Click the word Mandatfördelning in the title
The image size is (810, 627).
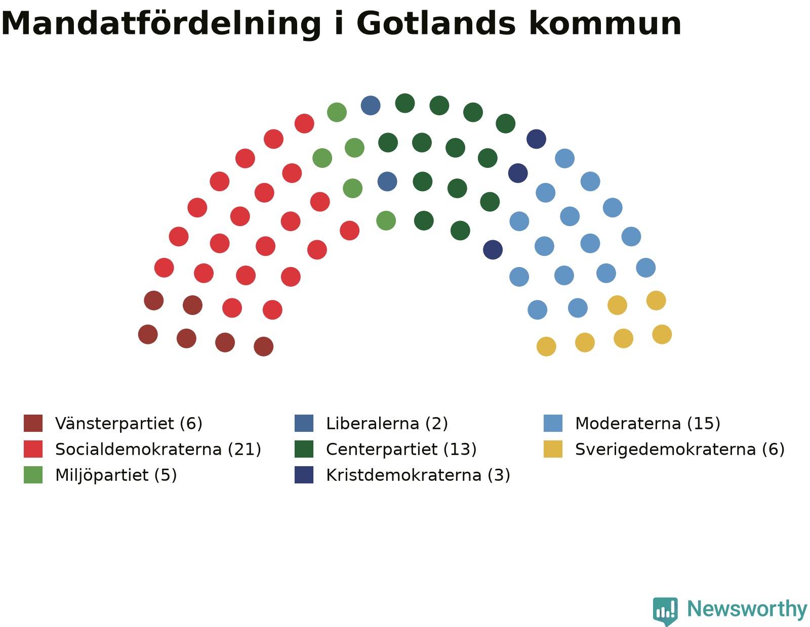point(160,25)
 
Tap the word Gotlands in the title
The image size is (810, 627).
point(436,24)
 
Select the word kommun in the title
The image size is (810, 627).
point(605,24)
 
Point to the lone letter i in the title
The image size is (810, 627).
point(339,23)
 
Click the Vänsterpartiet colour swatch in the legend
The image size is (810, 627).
point(33,423)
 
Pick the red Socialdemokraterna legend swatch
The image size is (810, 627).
point(33,449)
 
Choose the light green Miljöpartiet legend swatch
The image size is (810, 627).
point(33,475)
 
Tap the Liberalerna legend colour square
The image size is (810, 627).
point(304,423)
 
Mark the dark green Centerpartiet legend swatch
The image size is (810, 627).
point(304,449)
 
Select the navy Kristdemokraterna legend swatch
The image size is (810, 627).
point(304,475)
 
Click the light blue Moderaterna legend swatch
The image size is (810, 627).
point(553,423)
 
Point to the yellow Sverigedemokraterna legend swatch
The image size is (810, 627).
point(553,449)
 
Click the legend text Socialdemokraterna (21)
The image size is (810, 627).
point(158,450)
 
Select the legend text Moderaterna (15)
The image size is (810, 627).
point(647,423)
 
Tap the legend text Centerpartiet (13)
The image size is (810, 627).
point(401,450)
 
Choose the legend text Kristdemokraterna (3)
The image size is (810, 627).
point(418,475)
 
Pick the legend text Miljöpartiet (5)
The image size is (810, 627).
point(116,475)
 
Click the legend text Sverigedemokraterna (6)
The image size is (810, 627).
point(680,450)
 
